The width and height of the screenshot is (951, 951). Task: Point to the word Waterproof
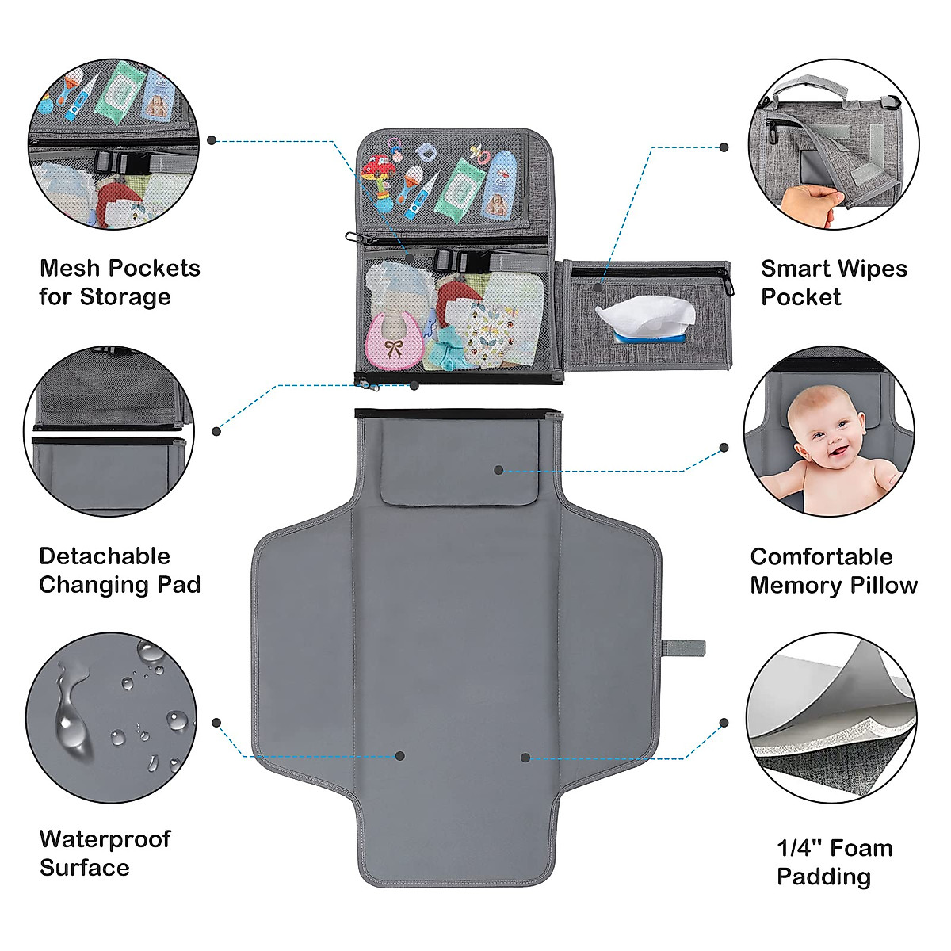tap(105, 839)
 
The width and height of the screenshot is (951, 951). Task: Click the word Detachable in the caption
tap(105, 556)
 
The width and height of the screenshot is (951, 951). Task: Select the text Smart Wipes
tap(834, 269)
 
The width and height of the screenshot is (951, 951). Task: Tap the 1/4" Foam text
tap(834, 848)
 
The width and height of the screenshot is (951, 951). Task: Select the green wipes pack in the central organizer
tap(458, 188)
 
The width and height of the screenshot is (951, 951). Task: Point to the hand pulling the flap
tap(808, 204)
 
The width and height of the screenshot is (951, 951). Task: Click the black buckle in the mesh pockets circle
tap(117, 162)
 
